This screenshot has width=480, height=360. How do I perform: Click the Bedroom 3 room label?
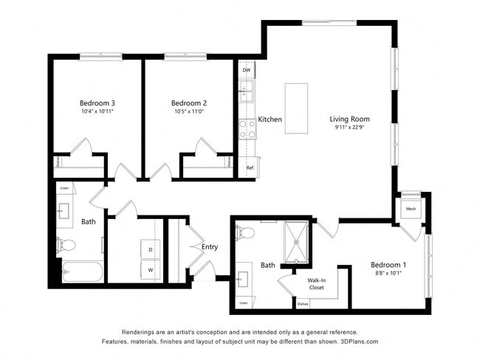click(97, 103)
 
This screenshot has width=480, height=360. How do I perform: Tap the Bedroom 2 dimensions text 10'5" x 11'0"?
click(188, 111)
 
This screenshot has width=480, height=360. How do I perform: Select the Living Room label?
click(349, 119)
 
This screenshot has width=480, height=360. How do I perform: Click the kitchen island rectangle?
click(297, 108)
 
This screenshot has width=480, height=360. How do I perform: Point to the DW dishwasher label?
click(246, 70)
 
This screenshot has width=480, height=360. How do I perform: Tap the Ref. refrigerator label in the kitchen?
click(250, 167)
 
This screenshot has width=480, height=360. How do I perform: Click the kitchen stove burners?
click(247, 129)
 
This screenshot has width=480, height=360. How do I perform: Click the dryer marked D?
click(151, 250)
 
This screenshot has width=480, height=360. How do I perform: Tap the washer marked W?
click(151, 270)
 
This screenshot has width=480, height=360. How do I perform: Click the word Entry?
click(210, 247)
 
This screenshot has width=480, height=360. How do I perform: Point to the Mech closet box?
click(411, 209)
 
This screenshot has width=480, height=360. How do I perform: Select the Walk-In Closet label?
click(317, 284)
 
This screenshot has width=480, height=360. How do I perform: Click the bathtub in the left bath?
click(81, 274)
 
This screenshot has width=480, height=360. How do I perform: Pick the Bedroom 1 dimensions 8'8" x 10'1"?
click(388, 274)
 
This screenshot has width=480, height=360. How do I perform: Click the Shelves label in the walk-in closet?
click(302, 303)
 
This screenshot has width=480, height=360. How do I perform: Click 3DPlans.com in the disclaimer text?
click(355, 342)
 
